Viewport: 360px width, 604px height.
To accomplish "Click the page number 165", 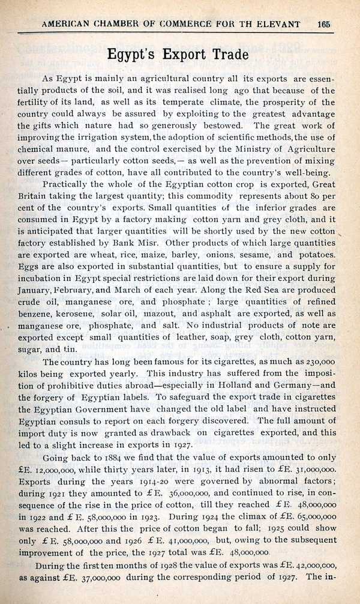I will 324,24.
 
